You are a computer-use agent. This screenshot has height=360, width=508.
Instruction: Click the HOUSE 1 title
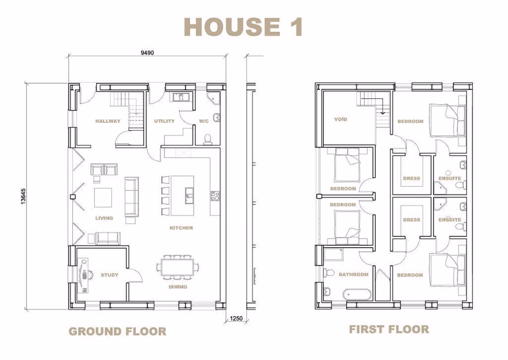tap(244, 27)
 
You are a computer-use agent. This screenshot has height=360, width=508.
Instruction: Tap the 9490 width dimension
tap(147, 53)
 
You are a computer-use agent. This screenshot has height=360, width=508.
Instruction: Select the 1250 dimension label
tap(236, 318)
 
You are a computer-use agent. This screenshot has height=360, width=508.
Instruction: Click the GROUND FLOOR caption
tap(117, 331)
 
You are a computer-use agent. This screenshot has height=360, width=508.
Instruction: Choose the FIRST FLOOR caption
tap(389, 329)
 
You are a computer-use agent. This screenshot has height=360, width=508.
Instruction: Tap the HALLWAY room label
tap(108, 121)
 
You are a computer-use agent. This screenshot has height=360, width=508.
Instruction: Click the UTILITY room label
tap(164, 121)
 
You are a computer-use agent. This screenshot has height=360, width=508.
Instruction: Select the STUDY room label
tap(109, 275)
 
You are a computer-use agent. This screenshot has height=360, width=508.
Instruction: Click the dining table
tap(177, 267)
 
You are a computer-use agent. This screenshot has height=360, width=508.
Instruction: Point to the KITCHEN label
tap(181, 228)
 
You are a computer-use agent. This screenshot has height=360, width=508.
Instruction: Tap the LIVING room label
tap(104, 219)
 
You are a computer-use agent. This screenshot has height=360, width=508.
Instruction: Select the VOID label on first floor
tap(340, 119)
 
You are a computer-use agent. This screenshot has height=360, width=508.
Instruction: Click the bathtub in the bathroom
tap(356, 295)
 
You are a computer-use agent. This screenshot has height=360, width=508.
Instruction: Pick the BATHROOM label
tap(353, 275)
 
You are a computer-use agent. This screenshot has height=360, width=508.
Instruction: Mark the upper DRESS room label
tap(411, 179)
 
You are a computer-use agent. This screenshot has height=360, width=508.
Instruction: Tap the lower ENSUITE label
tap(449, 220)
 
